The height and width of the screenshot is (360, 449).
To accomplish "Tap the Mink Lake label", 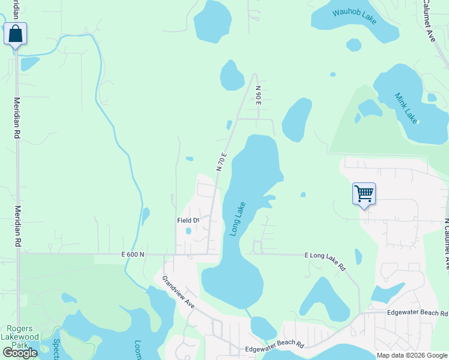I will (x=406, y=107).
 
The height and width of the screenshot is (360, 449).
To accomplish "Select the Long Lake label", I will (x=238, y=219).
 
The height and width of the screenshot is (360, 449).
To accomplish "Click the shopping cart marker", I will (x=364, y=194).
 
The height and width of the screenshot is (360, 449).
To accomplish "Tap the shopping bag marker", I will (x=16, y=34).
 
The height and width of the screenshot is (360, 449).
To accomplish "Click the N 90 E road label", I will (x=259, y=95).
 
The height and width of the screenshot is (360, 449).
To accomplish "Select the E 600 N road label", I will (x=133, y=254).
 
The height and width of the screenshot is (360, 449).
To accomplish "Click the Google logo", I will (x=20, y=353).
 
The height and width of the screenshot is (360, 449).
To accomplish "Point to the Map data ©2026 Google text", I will (x=411, y=355).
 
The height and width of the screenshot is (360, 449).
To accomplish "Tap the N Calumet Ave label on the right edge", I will (x=445, y=243).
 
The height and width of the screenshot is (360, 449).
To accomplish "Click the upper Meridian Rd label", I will (x=17, y=118).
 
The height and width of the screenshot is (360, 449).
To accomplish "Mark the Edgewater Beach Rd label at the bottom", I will (x=274, y=349).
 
